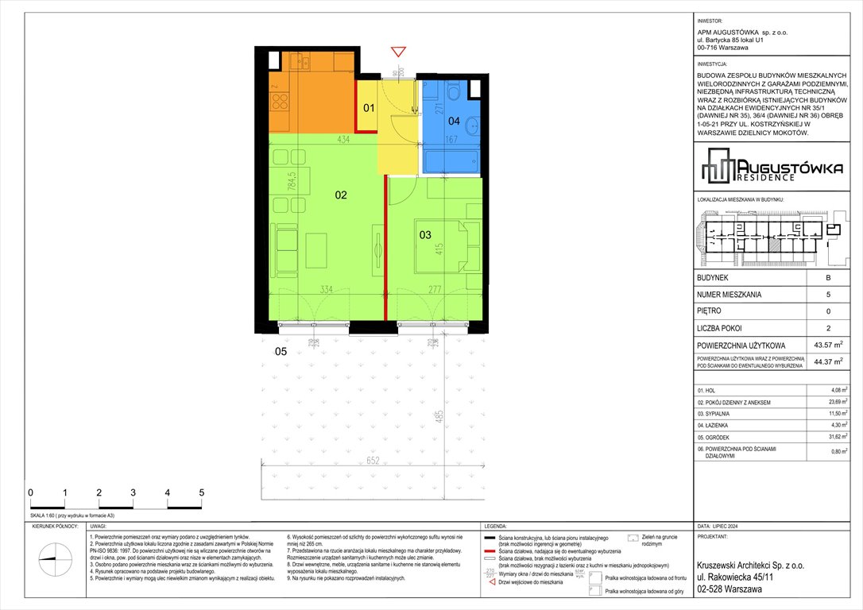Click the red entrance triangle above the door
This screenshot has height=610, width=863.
tap(398, 53)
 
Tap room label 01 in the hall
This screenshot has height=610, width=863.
tap(369, 107)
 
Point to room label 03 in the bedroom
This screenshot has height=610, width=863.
tap(425, 234)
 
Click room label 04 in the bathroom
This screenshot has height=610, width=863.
tap(453, 122)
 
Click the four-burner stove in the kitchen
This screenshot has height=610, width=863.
tap(279, 100)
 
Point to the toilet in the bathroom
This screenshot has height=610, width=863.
tap(455, 93)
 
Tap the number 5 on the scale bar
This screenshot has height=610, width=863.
tap(202, 492)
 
